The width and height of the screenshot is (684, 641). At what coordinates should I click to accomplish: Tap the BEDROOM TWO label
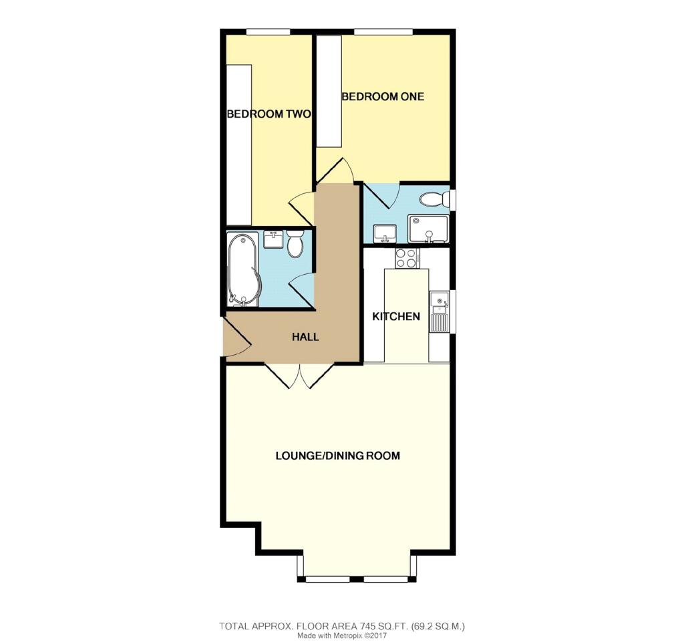coord(269,114)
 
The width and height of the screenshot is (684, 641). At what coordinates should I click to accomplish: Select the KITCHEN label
coord(396,316)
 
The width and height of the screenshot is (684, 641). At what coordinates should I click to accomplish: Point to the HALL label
coord(305,338)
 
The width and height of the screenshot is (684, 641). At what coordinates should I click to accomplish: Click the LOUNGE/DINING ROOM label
coord(338,456)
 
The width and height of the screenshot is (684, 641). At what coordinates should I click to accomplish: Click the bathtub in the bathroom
coord(242,269)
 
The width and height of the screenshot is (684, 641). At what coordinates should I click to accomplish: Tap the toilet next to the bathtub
coord(295,245)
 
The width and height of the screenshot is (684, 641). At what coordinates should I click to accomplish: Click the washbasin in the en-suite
coord(385,233)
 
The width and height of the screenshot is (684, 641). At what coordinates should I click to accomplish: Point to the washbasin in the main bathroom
coord(273,239)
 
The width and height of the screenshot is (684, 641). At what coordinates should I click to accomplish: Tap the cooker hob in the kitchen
coord(406,258)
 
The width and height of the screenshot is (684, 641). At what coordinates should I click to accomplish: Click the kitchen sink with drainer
coord(440,311)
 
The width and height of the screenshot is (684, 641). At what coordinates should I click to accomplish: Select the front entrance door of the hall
coord(236,338)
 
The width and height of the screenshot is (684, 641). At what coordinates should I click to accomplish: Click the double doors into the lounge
coord(300,376)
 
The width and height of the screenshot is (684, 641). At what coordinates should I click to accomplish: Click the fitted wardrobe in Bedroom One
coord(329,92)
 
